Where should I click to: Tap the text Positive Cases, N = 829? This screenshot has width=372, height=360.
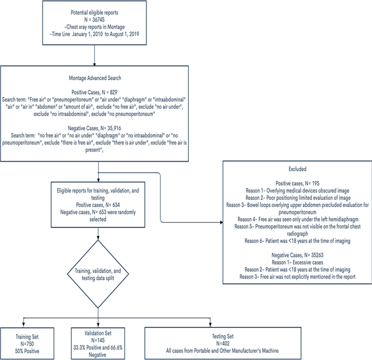(x=95, y=93)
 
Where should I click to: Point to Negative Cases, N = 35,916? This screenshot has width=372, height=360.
(x=95, y=127)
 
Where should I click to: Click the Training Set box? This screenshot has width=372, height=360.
(x=27, y=338)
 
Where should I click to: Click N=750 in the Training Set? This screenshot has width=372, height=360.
(x=27, y=338)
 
